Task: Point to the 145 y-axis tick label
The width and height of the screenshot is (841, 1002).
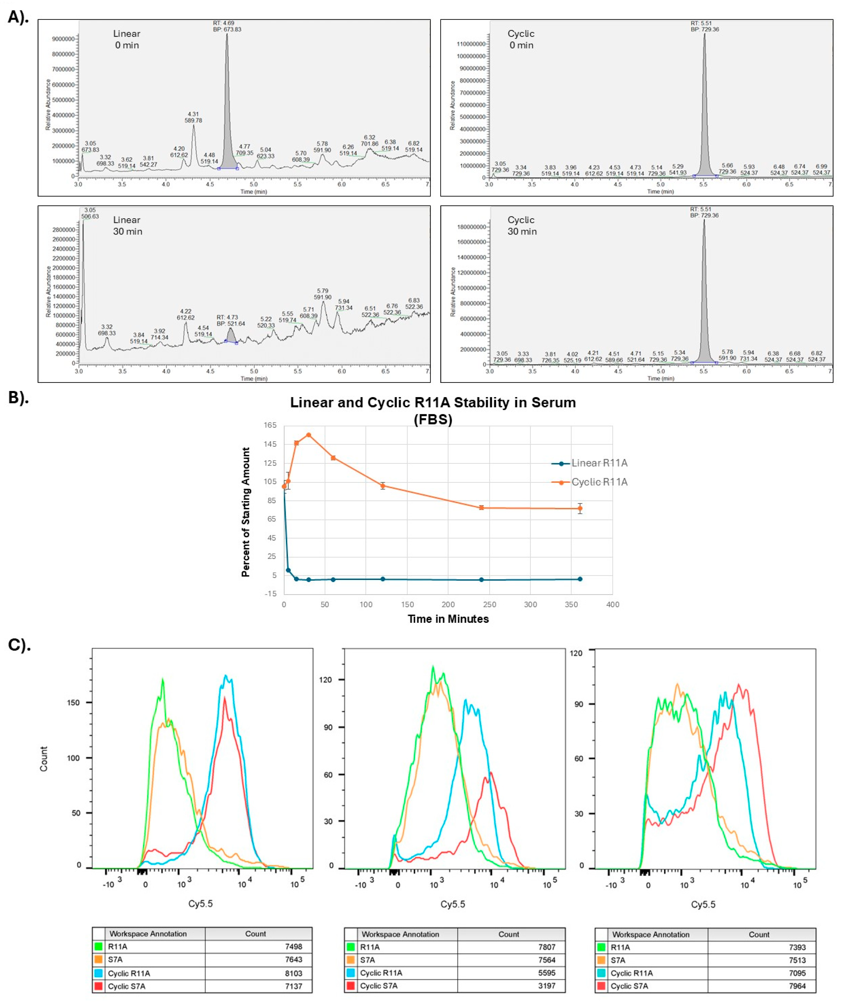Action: pos(271,444)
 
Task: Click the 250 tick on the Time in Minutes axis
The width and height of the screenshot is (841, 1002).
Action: pos(489,605)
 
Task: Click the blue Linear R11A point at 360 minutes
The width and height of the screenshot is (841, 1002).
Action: pos(580,579)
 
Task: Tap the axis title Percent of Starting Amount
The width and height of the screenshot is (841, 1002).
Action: pos(246,512)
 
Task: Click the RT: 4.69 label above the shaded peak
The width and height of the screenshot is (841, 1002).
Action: pos(224,23)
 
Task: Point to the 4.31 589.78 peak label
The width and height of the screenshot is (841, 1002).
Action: pos(193,117)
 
